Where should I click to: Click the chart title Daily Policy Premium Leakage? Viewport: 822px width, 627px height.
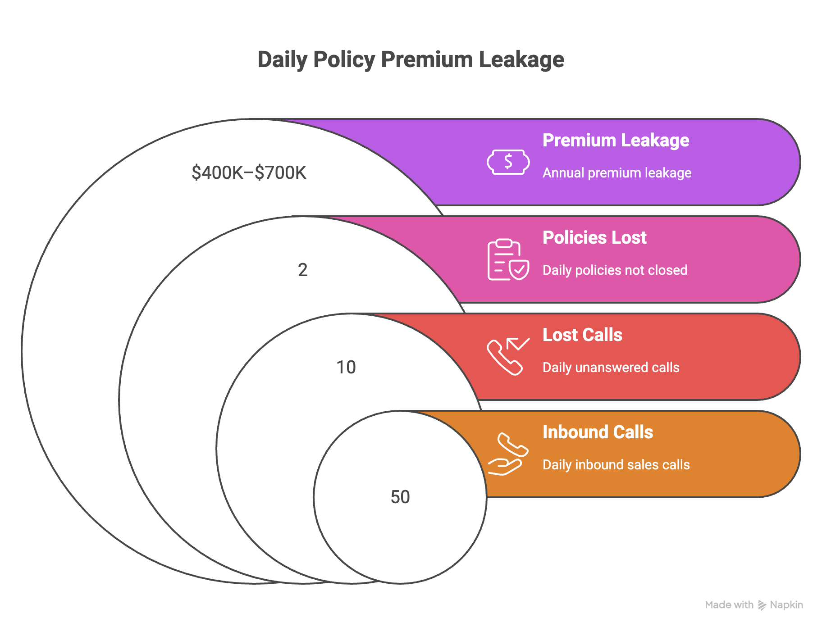[x=411, y=60]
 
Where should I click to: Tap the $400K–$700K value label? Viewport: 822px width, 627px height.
[x=249, y=173]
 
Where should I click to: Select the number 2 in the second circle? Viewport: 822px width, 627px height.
[x=303, y=270]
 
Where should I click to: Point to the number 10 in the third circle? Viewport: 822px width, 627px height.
[x=346, y=367]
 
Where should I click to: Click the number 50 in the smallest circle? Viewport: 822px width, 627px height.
[x=400, y=497]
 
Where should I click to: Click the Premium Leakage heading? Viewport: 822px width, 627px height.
[x=616, y=141]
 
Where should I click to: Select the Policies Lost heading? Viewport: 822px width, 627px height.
[x=594, y=237]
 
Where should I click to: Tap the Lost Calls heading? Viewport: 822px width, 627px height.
[x=582, y=335]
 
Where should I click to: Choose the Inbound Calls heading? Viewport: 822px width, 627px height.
[x=598, y=432]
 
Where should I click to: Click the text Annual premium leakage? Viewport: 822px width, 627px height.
[x=617, y=173]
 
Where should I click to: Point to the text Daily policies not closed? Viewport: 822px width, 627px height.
[x=615, y=270]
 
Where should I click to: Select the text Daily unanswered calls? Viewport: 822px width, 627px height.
[x=611, y=368]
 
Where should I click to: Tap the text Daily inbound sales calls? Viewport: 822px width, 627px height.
[x=616, y=465]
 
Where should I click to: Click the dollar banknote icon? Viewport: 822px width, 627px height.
[x=508, y=162]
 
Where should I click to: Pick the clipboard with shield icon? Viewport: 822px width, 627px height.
[x=508, y=259]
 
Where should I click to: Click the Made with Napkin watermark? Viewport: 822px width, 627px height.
[x=754, y=605]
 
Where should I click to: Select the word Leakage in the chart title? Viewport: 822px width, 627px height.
[x=521, y=60]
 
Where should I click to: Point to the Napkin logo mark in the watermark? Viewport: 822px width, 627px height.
[x=762, y=605]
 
